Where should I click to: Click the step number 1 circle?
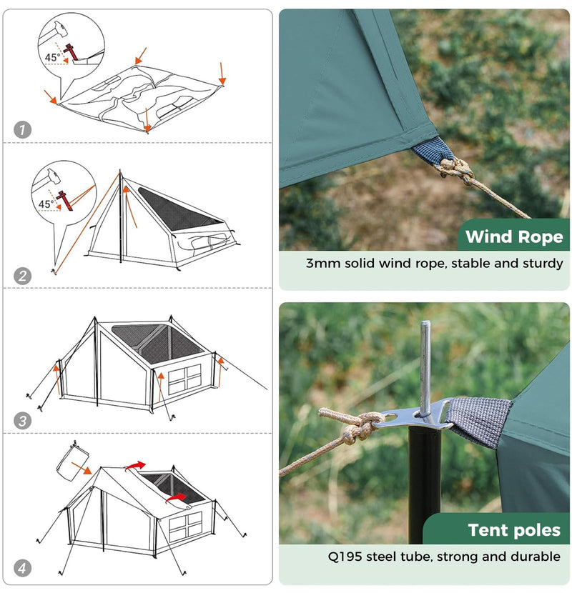click(24, 130)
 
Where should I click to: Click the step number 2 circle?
click(24, 276)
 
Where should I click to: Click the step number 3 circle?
click(24, 421)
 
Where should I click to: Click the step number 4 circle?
click(24, 569)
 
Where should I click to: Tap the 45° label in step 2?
click(46, 204)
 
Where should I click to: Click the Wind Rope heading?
click(514, 237)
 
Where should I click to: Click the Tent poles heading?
click(513, 530)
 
